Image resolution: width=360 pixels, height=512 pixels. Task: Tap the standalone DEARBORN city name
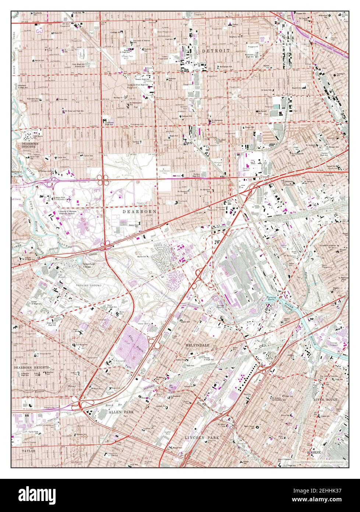tap(139, 212)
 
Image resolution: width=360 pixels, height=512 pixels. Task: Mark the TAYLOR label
tap(28, 450)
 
